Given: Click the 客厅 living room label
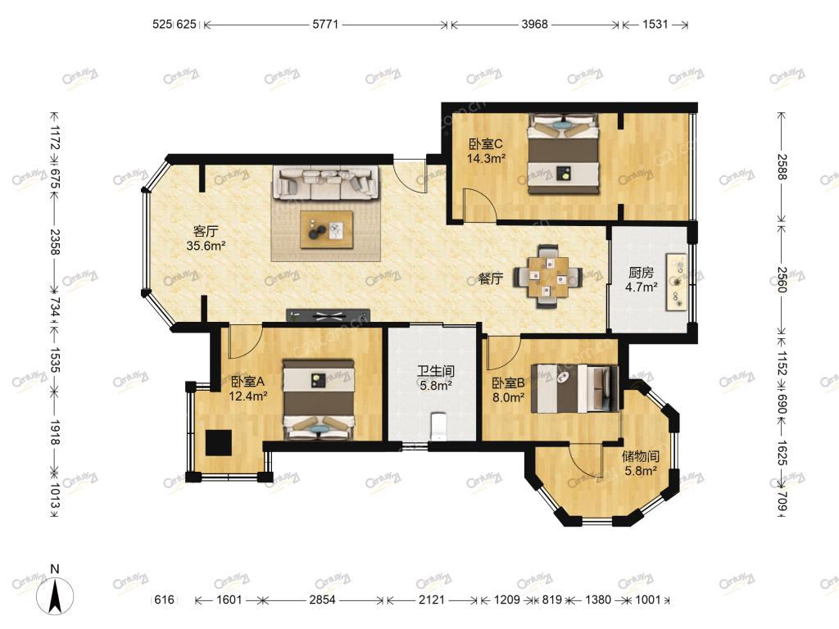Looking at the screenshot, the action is [206, 232].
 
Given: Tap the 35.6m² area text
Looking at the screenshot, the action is [206, 246].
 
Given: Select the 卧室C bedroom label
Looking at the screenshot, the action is [486, 144].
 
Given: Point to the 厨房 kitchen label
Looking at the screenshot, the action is [641, 273].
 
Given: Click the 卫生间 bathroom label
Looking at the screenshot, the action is [436, 371].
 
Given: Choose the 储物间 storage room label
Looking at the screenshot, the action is [641, 457].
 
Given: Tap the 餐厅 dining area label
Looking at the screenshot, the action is [491, 278].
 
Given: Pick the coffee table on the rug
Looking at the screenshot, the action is [326, 230].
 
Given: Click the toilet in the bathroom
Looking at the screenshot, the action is [438, 426].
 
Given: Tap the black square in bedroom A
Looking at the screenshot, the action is [219, 443].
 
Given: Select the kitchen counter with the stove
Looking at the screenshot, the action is [676, 282].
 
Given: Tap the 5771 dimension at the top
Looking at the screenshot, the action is [326, 24].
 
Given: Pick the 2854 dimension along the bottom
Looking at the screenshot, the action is [322, 600].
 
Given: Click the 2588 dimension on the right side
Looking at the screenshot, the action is [782, 166].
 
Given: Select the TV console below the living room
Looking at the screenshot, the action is [328, 316].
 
